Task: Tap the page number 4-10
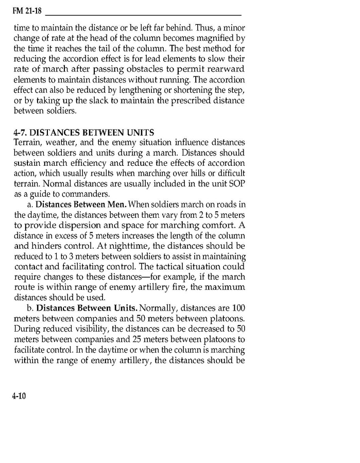click(x=19, y=396)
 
